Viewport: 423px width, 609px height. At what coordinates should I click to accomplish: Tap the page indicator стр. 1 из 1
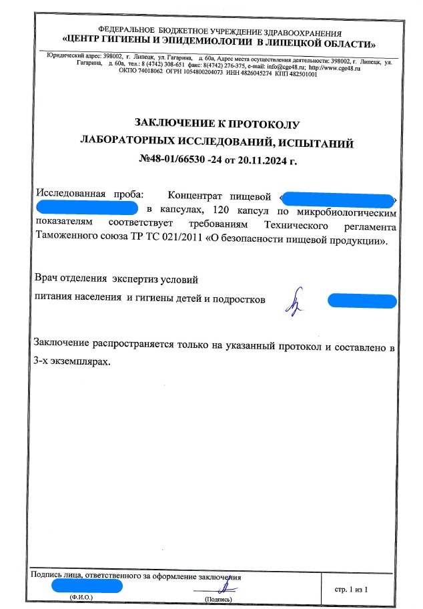[x=350, y=589]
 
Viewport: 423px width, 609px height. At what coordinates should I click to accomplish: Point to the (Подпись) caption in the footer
[x=218, y=600]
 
